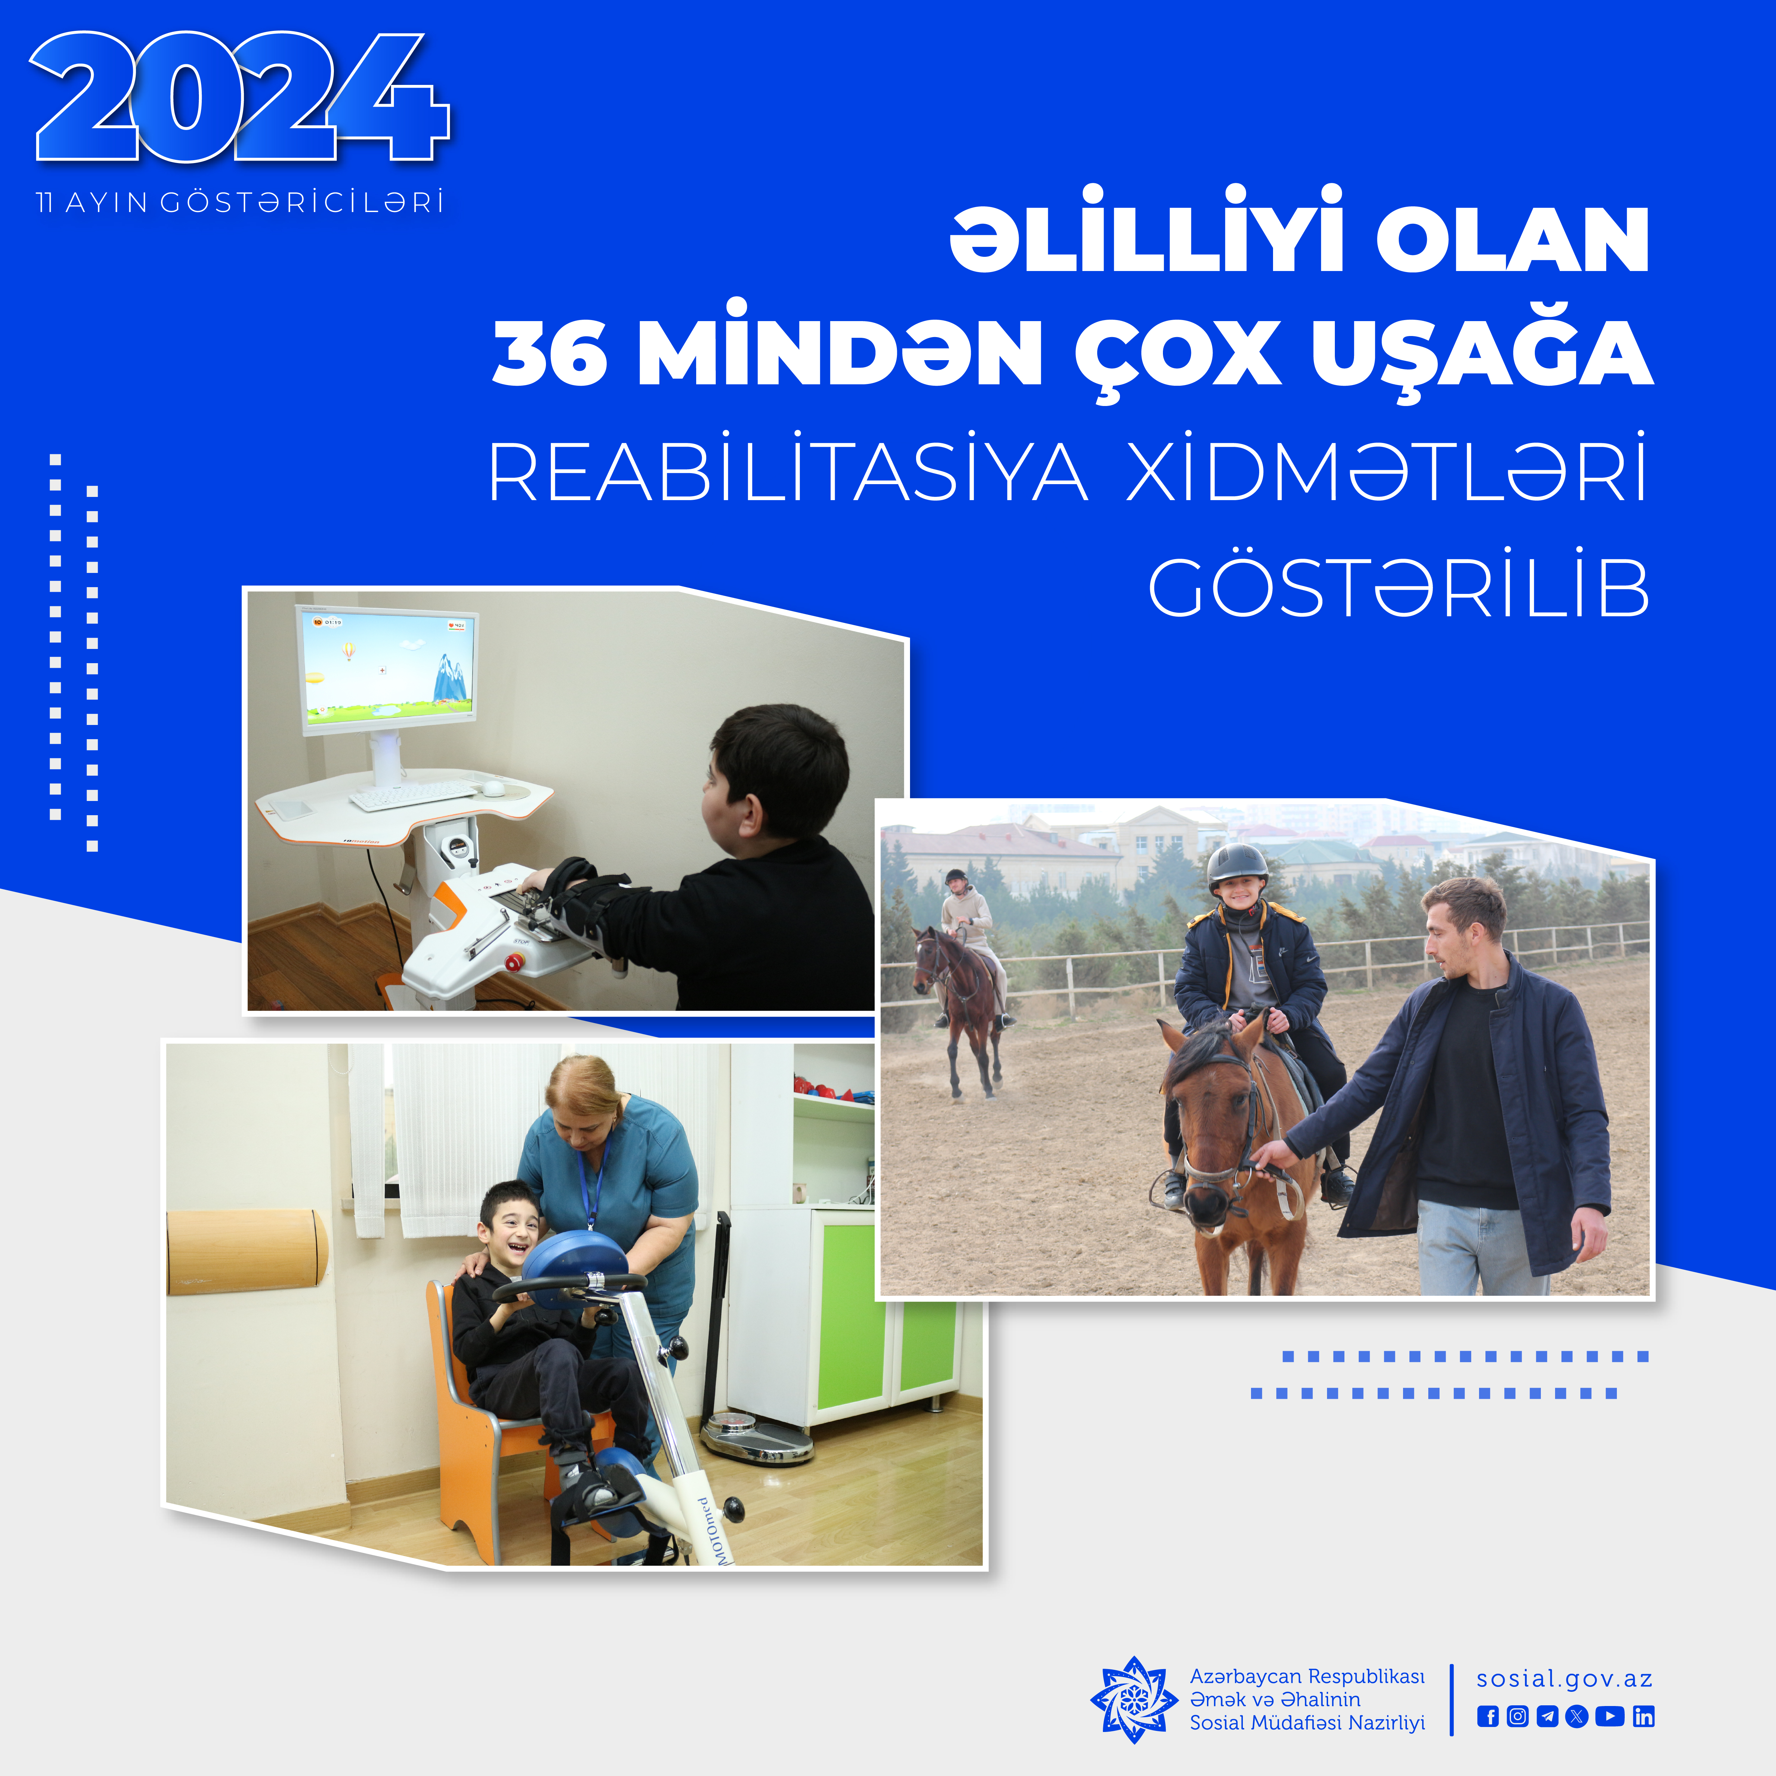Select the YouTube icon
click(1610, 1716)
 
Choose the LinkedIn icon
click(1644, 1716)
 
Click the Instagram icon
click(1518, 1716)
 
